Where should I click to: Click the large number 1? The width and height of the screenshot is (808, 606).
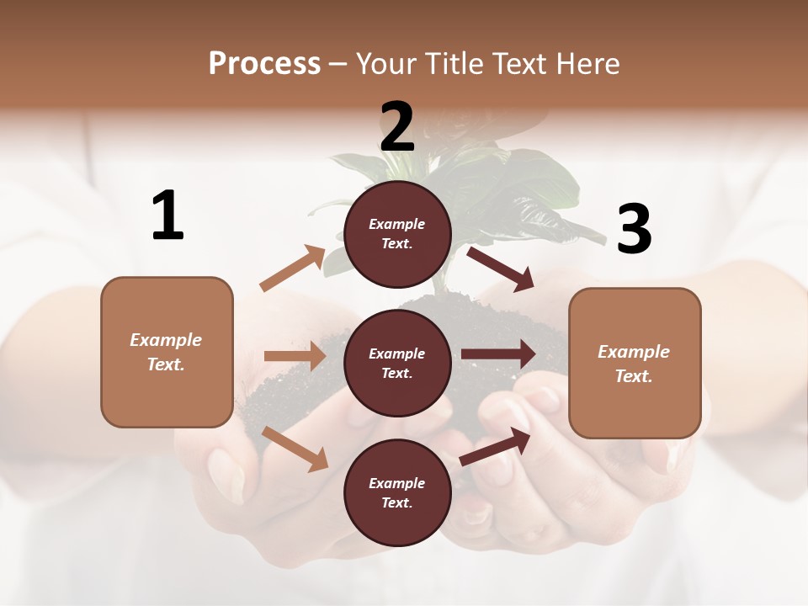tap(167, 216)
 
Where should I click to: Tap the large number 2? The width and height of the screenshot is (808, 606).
tap(397, 128)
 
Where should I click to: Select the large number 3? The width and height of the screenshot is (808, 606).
tap(634, 230)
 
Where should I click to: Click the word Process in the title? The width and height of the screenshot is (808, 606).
tap(264, 64)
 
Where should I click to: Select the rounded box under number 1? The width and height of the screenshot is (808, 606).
tap(167, 352)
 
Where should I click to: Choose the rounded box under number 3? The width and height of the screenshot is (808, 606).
tap(635, 363)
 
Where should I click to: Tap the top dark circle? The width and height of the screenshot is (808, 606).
tap(397, 234)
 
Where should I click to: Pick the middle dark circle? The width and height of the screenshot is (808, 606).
tap(397, 363)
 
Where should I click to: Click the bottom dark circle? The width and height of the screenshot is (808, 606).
tap(397, 492)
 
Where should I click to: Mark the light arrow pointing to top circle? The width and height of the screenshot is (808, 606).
tap(293, 268)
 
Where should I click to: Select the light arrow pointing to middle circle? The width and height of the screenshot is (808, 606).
tap(295, 356)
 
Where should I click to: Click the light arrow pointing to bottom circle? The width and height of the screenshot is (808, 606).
tap(295, 449)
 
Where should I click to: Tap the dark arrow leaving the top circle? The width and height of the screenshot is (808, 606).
tap(501, 268)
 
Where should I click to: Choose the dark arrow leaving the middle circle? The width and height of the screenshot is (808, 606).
tap(498, 354)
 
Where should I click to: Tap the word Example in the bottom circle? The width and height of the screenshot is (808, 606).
tap(397, 483)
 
